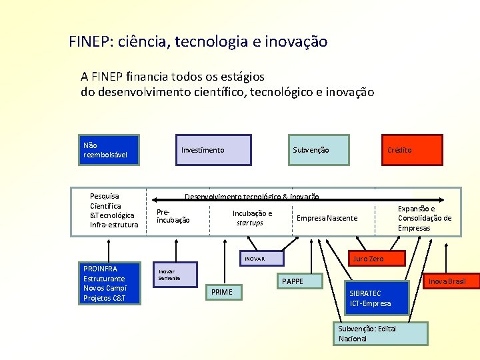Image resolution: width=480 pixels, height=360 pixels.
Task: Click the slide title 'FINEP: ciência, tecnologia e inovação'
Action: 198,41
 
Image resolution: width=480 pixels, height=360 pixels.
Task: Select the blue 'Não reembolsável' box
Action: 109,150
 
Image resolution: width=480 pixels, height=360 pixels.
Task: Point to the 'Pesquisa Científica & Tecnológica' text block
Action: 114,210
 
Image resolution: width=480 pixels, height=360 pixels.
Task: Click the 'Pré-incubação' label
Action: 173,216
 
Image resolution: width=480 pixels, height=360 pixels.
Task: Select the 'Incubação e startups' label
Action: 251,218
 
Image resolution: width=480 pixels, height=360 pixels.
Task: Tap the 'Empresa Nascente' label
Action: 327,218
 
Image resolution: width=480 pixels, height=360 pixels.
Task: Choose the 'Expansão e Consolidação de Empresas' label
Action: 424,218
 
